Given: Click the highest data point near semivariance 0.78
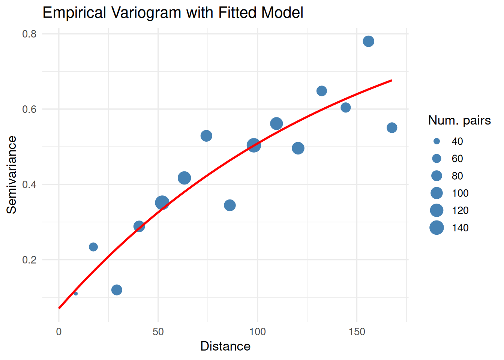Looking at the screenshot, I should tap(368, 41).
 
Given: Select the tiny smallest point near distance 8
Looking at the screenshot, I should tap(76, 293).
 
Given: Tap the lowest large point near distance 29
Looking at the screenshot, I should tap(117, 290).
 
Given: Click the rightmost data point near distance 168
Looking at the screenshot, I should tap(392, 128).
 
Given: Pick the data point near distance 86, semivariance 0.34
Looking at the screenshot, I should tap(230, 205).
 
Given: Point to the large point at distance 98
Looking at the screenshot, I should tap(254, 145).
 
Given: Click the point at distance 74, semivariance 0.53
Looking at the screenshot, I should tap(206, 136).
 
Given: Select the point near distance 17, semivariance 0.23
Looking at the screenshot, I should tap(93, 247).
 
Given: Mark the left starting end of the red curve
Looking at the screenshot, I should tap(59, 308).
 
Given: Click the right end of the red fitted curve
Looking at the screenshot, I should tap(391, 80).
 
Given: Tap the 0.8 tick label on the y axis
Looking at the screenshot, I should tap(29, 34).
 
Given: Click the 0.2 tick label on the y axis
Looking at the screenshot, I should tap(29, 260).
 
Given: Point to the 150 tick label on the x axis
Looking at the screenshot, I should tap(356, 332).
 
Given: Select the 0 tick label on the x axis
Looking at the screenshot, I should tap(59, 332).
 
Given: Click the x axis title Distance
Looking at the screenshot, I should tap(225, 346).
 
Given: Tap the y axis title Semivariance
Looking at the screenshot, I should tap(12, 175).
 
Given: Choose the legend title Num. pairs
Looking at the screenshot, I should tap(459, 120).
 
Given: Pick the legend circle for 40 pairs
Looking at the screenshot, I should tap(436, 141).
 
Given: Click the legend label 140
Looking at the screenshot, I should tap(460, 228).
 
